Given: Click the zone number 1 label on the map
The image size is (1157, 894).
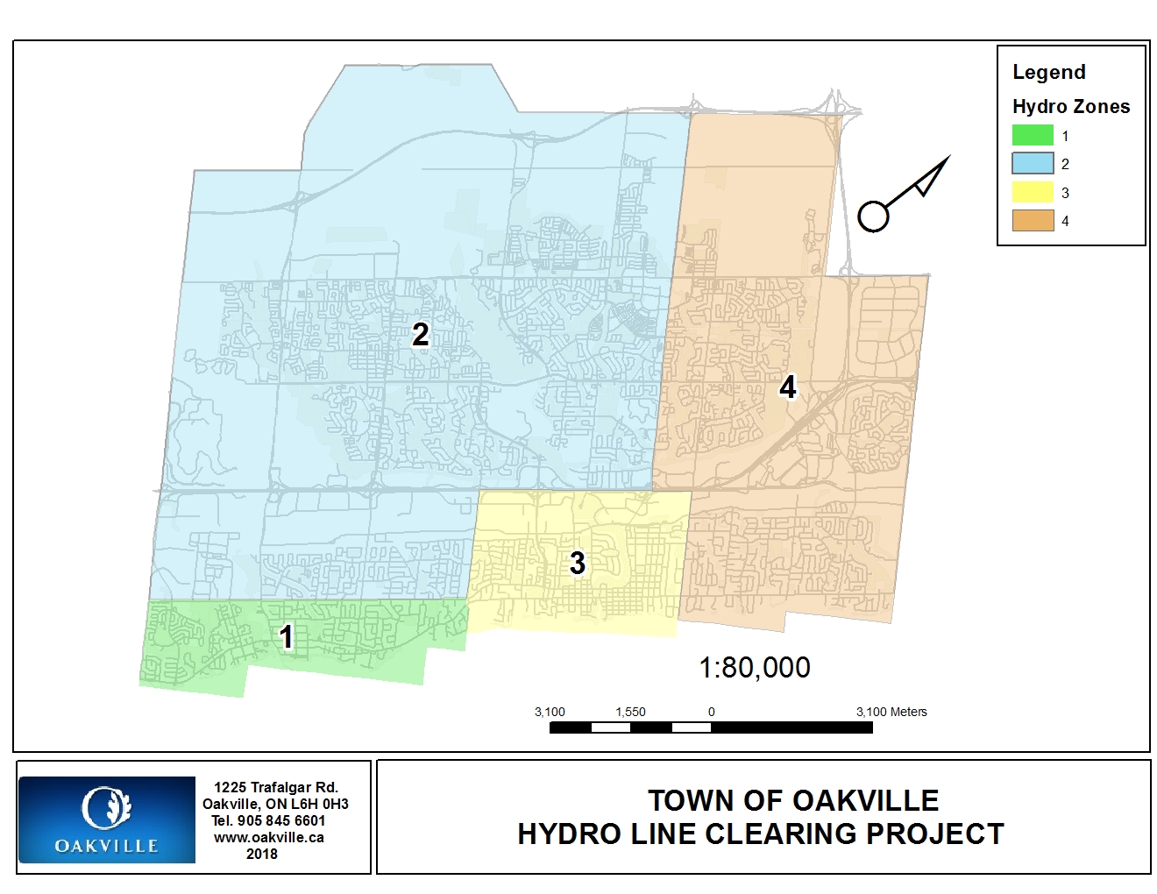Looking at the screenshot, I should click(x=287, y=637).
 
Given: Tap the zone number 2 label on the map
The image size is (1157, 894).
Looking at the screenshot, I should click(x=421, y=334).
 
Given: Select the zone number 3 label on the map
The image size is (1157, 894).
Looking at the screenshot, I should click(x=577, y=563).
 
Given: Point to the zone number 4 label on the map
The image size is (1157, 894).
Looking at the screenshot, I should click(x=788, y=387).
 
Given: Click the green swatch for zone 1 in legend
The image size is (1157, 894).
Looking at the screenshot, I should click(x=1033, y=135).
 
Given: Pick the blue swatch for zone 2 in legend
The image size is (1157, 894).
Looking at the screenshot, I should click(x=1033, y=164).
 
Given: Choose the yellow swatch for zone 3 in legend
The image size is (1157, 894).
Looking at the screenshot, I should click(x=1033, y=193).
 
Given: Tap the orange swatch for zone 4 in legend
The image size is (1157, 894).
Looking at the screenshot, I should click(x=1033, y=221).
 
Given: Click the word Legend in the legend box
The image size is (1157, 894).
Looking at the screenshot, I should click(x=1048, y=72).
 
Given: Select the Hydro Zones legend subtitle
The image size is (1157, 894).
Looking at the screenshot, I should click(x=1070, y=107).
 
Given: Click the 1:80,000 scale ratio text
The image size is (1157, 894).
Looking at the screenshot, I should click(x=754, y=668).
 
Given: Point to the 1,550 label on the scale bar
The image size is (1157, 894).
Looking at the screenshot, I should click(x=630, y=712).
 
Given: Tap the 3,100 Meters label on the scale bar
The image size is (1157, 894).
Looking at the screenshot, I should click(x=891, y=712).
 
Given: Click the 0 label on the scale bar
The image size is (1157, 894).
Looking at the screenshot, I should click(x=711, y=712).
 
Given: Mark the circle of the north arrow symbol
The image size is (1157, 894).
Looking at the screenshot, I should click(x=873, y=216).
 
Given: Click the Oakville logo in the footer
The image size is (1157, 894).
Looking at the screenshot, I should click(x=106, y=819).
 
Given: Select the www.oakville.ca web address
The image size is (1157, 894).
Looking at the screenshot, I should click(x=269, y=837).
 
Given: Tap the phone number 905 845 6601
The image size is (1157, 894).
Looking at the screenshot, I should click(x=280, y=820).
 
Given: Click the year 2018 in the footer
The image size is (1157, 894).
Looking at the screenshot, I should click(x=261, y=854).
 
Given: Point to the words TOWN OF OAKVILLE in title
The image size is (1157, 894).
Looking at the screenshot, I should click(x=793, y=800).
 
